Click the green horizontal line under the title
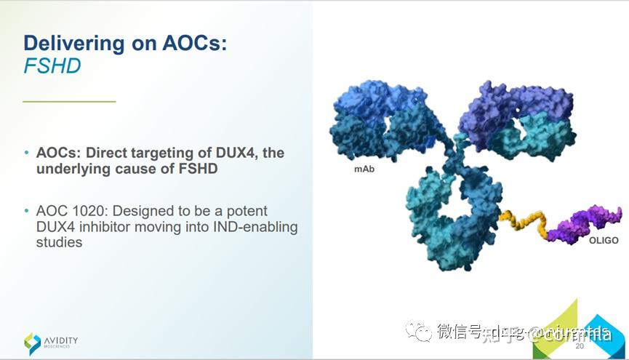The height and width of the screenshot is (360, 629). coord(69,101)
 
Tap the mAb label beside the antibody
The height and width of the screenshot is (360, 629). coord(364,168)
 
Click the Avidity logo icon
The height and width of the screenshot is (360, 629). coord(33,343)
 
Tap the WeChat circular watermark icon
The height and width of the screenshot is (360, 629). coord(420,332)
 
